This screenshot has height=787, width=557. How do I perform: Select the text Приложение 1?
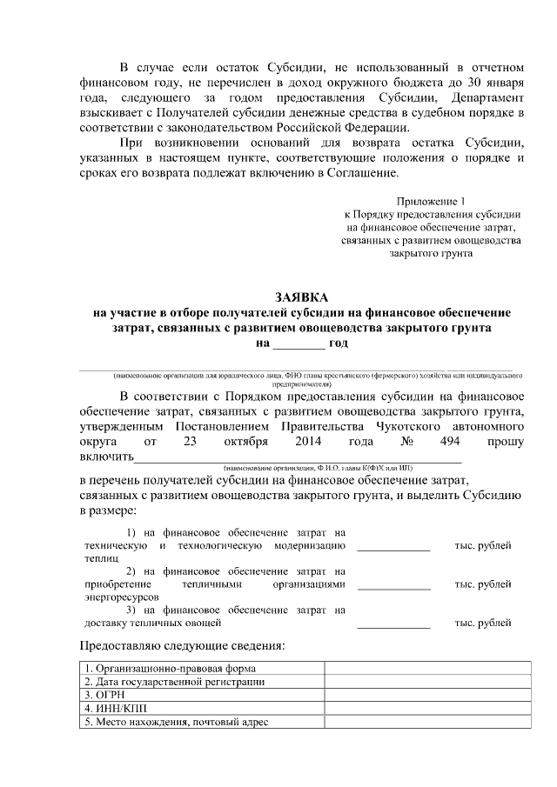tap(431, 201)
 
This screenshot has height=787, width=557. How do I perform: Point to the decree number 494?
tap(449, 442)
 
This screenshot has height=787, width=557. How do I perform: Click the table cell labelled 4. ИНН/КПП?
tap(111, 709)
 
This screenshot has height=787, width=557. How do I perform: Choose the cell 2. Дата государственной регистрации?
tap(174, 683)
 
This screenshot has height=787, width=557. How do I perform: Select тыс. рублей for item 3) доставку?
tap(483, 623)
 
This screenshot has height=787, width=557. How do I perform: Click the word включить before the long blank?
tap(106, 457)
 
